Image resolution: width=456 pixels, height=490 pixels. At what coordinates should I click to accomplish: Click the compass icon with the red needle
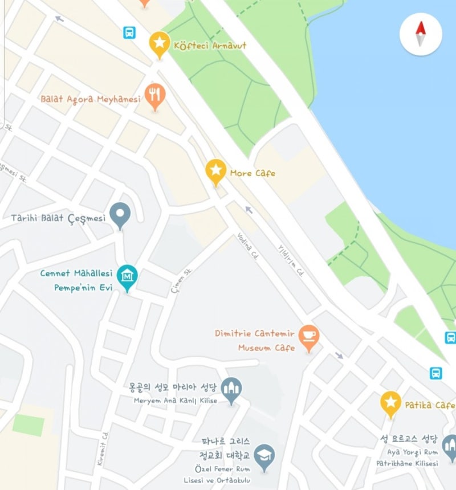[x=421, y=34]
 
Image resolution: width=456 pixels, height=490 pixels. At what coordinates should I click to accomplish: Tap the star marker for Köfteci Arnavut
[x=160, y=43]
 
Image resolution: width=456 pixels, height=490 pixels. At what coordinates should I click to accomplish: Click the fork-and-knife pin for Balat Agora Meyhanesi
[x=154, y=95]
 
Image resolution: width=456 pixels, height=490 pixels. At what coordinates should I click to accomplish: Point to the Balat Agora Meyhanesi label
[x=90, y=99]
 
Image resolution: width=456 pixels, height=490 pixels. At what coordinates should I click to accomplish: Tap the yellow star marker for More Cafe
[x=215, y=170]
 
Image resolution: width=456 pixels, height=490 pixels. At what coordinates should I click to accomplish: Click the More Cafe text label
[x=253, y=173]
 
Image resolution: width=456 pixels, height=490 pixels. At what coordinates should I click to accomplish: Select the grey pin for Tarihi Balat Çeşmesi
[x=120, y=214]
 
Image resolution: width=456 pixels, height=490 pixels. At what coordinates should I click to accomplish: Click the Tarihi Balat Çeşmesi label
[x=59, y=218]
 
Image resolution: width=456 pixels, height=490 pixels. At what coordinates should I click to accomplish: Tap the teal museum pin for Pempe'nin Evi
[x=127, y=276]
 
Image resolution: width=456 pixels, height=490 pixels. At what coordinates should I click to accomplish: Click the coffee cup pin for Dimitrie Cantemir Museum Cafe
[x=309, y=336]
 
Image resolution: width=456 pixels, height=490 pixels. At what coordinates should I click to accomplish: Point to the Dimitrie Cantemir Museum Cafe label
[x=255, y=340]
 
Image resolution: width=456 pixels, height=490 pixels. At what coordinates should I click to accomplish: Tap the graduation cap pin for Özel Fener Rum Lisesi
[x=264, y=455]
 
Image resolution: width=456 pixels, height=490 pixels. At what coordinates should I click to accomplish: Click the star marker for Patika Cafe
[x=390, y=402]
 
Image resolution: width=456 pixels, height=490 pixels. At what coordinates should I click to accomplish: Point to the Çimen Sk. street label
[x=179, y=283]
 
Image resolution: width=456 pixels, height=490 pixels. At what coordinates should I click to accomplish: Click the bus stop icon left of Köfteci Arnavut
[x=130, y=32]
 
